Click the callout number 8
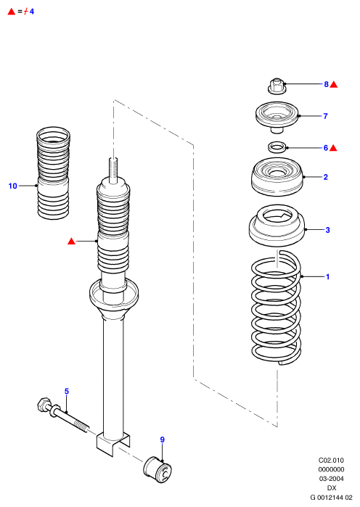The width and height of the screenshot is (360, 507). [326, 84]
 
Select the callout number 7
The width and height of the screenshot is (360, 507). [325, 116]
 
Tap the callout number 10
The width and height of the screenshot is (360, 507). [12, 186]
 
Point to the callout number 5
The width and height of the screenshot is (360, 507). [67, 391]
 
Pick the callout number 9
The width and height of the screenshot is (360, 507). [163, 440]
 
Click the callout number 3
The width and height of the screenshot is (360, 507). [327, 230]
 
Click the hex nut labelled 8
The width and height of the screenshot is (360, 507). [277, 86]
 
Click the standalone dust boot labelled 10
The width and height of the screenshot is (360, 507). [53, 173]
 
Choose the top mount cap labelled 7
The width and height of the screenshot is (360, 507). [277, 117]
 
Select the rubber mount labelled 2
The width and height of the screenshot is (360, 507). [277, 176]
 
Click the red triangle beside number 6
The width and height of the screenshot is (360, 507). [333, 149]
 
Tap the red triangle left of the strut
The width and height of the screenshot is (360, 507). [71, 242]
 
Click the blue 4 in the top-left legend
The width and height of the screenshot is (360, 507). [32, 12]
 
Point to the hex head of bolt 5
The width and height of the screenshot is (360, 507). [44, 405]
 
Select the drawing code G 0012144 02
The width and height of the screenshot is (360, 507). [331, 498]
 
